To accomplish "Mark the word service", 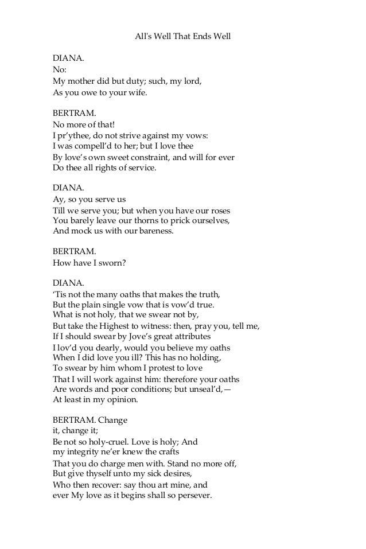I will point(140,168).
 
